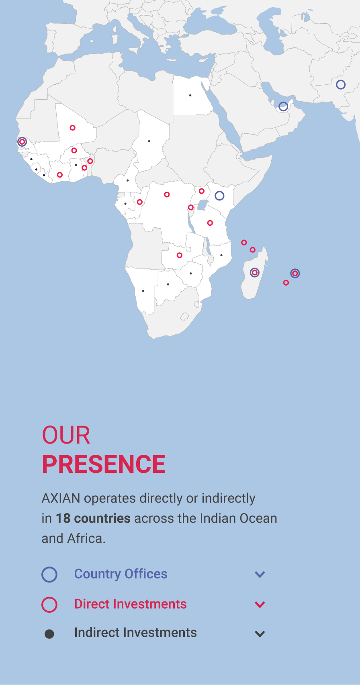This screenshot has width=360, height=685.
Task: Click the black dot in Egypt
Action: pyautogui.click(x=190, y=95)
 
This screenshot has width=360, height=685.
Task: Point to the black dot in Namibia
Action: pyautogui.click(x=143, y=291)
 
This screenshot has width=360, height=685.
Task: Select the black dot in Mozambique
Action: pyautogui.click(x=221, y=255)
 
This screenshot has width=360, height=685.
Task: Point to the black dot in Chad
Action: pyautogui.click(x=149, y=141)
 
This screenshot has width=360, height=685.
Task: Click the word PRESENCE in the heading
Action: pyautogui.click(x=104, y=464)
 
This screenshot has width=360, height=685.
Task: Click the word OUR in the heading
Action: pyautogui.click(x=66, y=435)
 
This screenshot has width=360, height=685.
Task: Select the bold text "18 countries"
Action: pyautogui.click(x=93, y=518)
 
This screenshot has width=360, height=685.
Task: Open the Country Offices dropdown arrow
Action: pyautogui.click(x=260, y=574)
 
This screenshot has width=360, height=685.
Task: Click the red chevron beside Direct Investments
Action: pyautogui.click(x=260, y=605)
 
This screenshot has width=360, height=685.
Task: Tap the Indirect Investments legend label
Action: pyautogui.click(x=135, y=632)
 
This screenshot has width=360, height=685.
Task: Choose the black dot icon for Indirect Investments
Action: pyautogui.click(x=49, y=634)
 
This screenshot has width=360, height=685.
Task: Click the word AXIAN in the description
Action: pyautogui.click(x=61, y=499)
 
